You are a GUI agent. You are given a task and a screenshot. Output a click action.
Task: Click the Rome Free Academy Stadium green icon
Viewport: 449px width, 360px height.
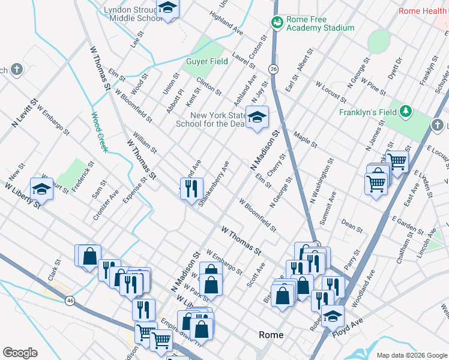(277, 22)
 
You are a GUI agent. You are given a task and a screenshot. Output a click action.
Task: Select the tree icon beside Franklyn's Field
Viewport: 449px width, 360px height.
(406, 111)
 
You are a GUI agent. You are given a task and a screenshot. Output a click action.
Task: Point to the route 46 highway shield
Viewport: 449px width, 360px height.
(71, 300)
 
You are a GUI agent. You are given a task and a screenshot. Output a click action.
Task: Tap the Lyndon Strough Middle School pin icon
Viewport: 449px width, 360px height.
(167, 8)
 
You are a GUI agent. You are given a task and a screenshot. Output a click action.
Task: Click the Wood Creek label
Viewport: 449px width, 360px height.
(98, 132)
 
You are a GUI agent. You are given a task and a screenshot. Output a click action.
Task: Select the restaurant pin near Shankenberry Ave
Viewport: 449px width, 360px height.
(191, 188)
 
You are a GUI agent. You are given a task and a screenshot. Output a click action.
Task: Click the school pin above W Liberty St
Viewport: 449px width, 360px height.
(41, 188)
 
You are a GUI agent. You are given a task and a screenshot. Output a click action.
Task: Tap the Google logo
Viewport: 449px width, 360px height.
(20, 353)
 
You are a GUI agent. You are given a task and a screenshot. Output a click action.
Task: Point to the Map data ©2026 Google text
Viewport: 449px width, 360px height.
(411, 355)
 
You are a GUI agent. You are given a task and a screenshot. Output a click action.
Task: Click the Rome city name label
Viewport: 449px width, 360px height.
(271, 335)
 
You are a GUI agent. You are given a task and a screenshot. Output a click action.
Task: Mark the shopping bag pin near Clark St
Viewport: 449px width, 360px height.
(89, 256)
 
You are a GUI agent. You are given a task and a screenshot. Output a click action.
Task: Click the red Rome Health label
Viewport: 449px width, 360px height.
(424, 11)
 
